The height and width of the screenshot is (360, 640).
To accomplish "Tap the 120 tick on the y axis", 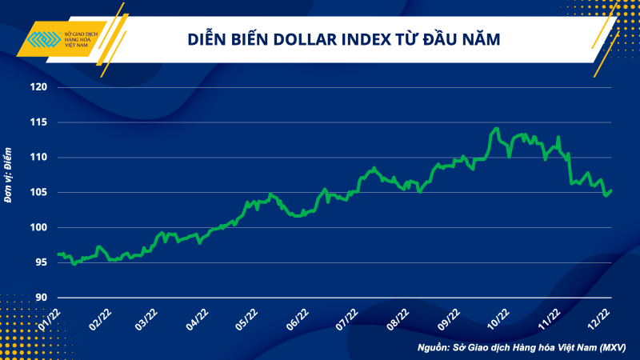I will coord(38,87).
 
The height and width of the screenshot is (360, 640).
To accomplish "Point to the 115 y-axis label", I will coord(38,122).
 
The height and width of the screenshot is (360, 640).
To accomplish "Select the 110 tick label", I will coord(38,158).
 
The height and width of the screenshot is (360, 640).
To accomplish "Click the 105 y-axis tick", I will coord(38,193).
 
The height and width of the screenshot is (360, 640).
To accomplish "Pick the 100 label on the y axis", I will coord(38,228).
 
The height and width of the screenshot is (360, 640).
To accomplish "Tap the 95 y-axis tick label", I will coord(40,263).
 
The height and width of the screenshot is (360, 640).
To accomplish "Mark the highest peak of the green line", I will coord(497,128).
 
